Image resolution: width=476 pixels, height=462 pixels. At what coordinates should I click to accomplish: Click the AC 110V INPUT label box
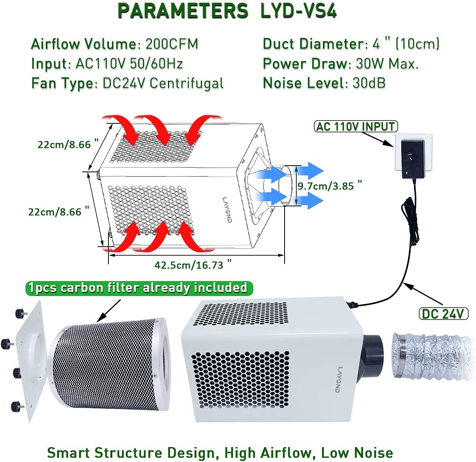[356, 126]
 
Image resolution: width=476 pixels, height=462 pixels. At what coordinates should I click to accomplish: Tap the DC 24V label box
[443, 314]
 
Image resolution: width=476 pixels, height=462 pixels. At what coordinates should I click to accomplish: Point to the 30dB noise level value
[369, 83]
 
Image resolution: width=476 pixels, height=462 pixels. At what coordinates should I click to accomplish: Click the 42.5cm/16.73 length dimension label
[189, 265]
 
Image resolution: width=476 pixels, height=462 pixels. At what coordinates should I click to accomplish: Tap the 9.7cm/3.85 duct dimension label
[326, 186]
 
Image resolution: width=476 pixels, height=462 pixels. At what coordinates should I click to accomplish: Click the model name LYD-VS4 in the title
[298, 11]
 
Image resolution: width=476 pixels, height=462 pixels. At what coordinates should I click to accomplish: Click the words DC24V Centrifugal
[163, 83]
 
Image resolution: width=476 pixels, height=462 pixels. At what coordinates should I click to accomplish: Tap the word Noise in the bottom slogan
[373, 453]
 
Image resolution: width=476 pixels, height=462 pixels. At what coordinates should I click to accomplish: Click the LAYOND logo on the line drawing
[227, 209]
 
